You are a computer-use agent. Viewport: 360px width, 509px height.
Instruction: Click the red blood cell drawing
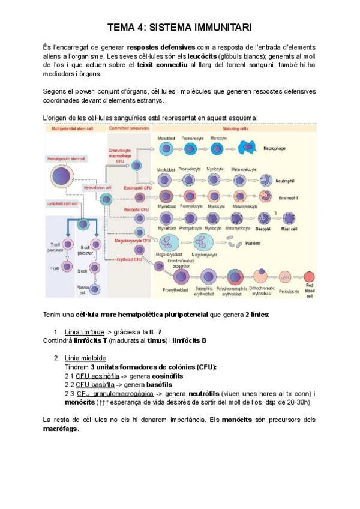tap(310, 277)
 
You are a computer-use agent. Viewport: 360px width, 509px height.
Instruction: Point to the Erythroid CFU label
tap(129, 259)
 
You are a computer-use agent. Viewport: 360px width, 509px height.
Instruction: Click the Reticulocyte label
tap(289, 291)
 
